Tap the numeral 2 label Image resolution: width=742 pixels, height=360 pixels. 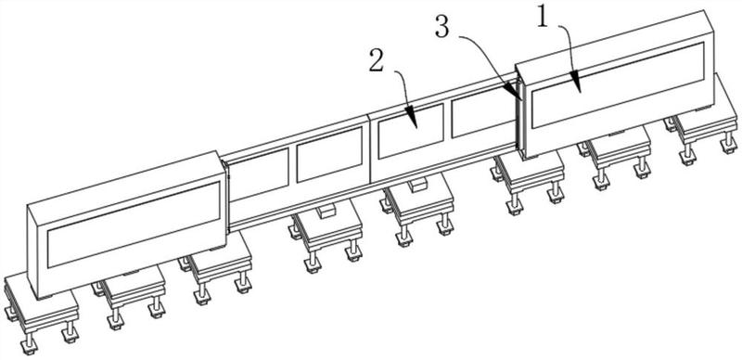pos(377,61)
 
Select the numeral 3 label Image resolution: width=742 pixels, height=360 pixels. pos(442,28)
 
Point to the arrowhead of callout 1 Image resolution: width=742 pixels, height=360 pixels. pos(577,82)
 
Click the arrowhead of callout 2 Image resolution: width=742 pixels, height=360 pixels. pos(412,118)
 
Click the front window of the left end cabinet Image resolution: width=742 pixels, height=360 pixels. pos(134,224)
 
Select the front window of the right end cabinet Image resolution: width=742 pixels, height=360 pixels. pos(618,85)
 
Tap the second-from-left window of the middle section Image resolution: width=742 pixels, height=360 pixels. pos(329,154)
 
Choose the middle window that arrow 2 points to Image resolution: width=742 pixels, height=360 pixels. pos(411,131)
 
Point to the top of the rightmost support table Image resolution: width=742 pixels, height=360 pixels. pos(706,118)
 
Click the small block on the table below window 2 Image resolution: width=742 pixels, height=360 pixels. pos(417,185)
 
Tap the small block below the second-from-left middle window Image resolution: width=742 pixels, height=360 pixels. pos(326,211)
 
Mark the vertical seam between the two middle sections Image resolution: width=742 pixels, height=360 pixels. pos(369,149)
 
